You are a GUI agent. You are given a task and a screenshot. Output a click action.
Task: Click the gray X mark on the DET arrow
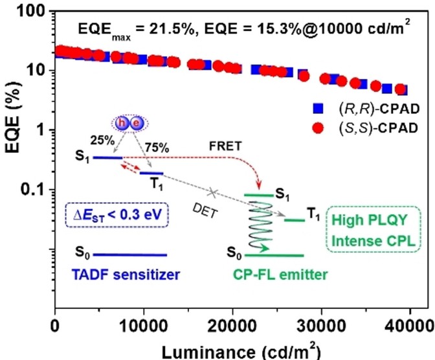[x=212, y=192]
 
